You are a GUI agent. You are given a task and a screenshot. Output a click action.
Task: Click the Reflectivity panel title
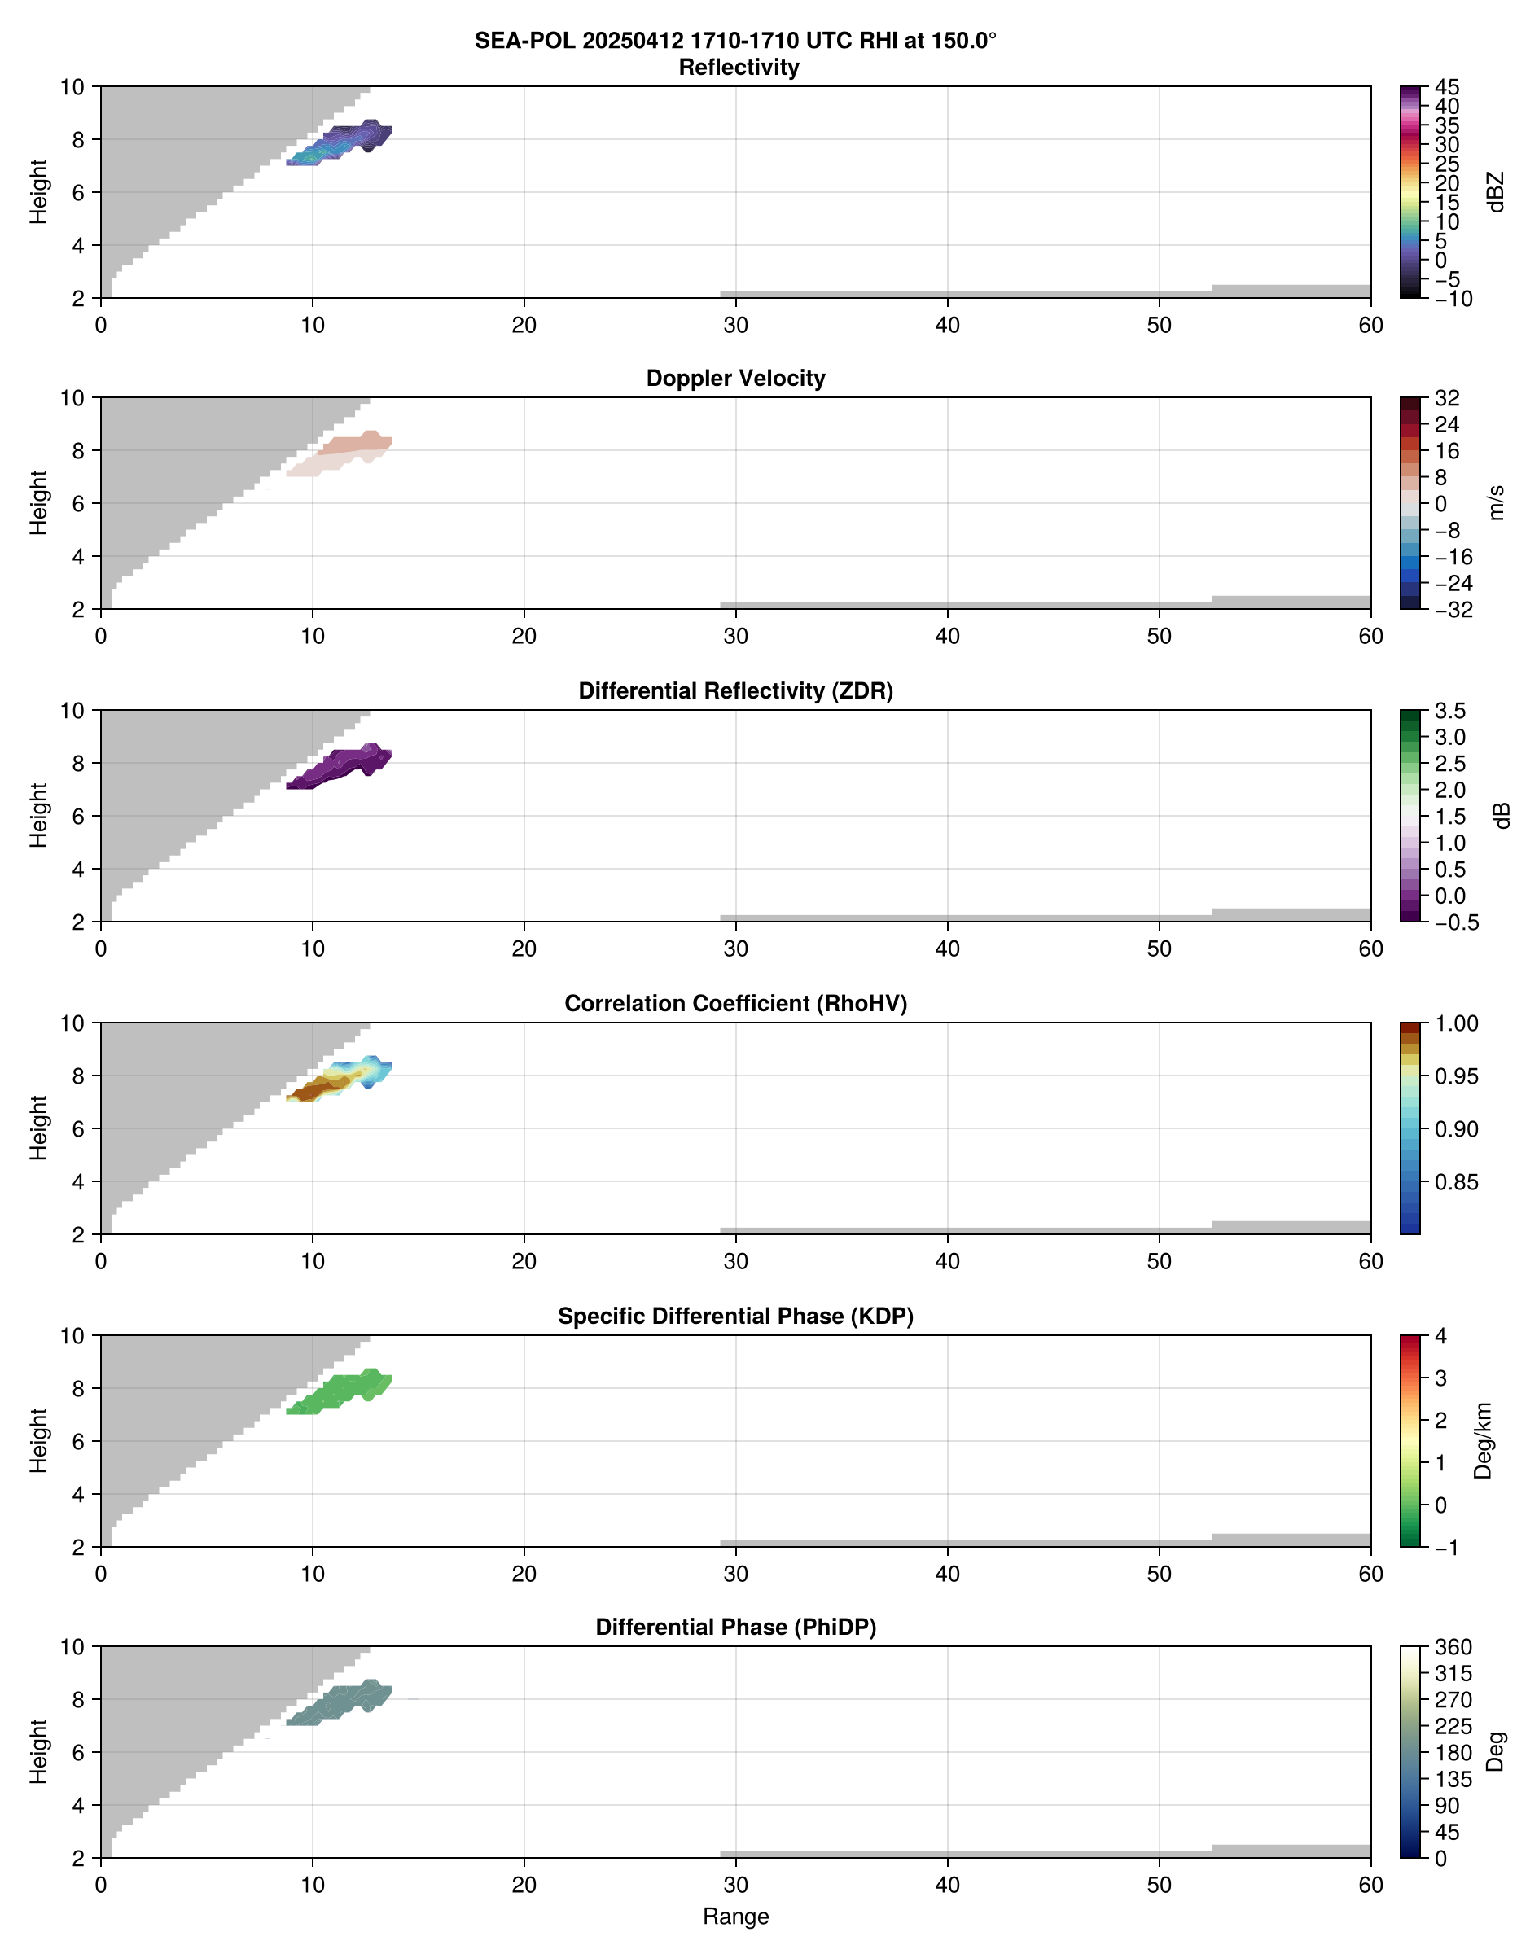(x=739, y=68)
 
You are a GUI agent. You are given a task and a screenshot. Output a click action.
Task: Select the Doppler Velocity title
(x=735, y=379)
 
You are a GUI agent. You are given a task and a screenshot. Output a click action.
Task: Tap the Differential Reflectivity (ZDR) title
(x=735, y=691)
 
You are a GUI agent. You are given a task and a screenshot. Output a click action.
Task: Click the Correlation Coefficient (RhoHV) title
(x=735, y=1004)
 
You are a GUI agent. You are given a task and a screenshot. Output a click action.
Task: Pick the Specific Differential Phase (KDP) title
(x=735, y=1317)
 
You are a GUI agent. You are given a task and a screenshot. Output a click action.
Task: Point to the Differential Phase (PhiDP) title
(x=735, y=1627)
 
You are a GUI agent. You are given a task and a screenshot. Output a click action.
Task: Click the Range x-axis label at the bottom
(x=735, y=1917)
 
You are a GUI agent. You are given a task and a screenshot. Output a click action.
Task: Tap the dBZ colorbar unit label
(x=1497, y=192)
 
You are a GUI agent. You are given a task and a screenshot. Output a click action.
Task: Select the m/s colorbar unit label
(x=1497, y=502)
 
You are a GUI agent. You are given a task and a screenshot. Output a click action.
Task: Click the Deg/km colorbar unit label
(x=1483, y=1440)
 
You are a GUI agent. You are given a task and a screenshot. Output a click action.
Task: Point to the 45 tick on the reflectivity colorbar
(x=1447, y=87)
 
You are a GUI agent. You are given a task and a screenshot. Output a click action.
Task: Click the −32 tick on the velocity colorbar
(x=1453, y=610)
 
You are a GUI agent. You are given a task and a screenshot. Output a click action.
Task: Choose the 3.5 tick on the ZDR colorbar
(x=1449, y=711)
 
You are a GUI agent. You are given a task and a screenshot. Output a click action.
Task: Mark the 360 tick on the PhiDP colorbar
(x=1453, y=1647)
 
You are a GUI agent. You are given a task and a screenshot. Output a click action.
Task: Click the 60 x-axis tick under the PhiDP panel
(x=1370, y=1885)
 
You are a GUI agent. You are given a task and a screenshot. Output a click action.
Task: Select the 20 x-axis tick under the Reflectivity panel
(x=524, y=325)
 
